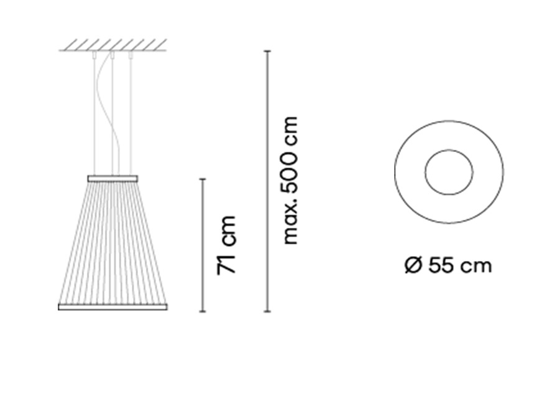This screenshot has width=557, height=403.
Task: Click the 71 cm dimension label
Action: (226, 245)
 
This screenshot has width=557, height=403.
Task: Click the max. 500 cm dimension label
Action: (290, 180)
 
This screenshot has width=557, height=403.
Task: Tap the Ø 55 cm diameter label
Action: (448, 265)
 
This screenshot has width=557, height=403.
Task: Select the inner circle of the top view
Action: (449, 150)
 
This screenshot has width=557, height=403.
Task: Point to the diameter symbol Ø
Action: (413, 265)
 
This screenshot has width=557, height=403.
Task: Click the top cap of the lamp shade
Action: (113, 178)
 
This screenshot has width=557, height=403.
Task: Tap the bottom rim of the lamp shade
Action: (113, 307)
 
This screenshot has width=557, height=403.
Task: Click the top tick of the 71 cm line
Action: (203, 179)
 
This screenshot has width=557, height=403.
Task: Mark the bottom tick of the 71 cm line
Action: (203, 311)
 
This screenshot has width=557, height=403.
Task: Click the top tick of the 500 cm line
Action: (267, 51)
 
